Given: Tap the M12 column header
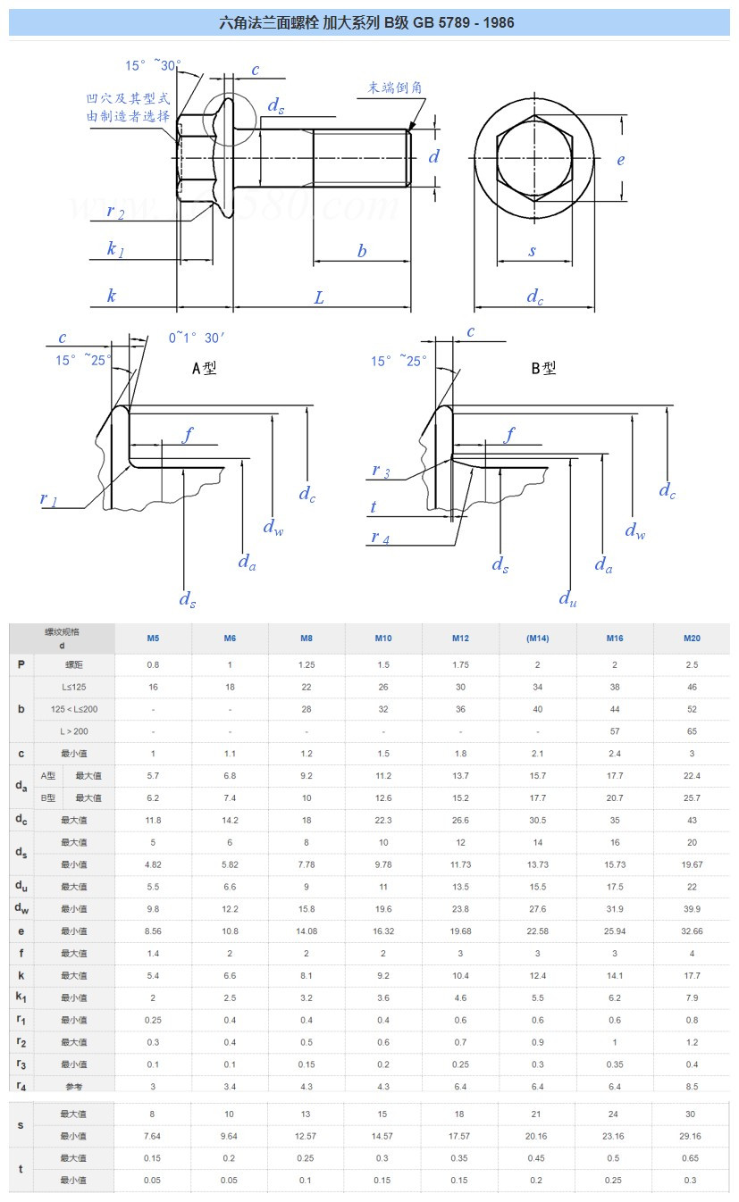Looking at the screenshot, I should click(459, 639).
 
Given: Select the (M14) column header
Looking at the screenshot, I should click(537, 639).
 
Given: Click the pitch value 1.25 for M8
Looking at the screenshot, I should click(307, 665).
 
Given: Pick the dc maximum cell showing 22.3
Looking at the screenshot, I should click(383, 821).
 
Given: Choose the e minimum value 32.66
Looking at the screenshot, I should click(692, 931).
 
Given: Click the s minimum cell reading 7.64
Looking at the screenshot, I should click(153, 1137).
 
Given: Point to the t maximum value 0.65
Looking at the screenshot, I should click(692, 1158).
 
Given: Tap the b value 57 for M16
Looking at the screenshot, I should click(615, 732).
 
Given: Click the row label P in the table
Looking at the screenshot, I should click(21, 665).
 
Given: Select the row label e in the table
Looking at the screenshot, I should click(21, 931).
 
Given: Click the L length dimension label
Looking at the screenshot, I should click(319, 297).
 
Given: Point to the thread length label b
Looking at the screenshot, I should click(362, 252).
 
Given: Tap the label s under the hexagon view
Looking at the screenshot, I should click(533, 252).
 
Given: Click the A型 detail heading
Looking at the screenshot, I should click(205, 368).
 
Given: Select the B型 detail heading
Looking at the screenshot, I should click(543, 368).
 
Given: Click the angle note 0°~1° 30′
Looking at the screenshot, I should click(197, 338).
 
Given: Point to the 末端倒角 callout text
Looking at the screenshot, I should click(394, 88).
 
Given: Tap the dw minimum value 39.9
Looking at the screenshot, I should click(692, 909).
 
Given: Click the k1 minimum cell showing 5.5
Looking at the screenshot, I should click(537, 997).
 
